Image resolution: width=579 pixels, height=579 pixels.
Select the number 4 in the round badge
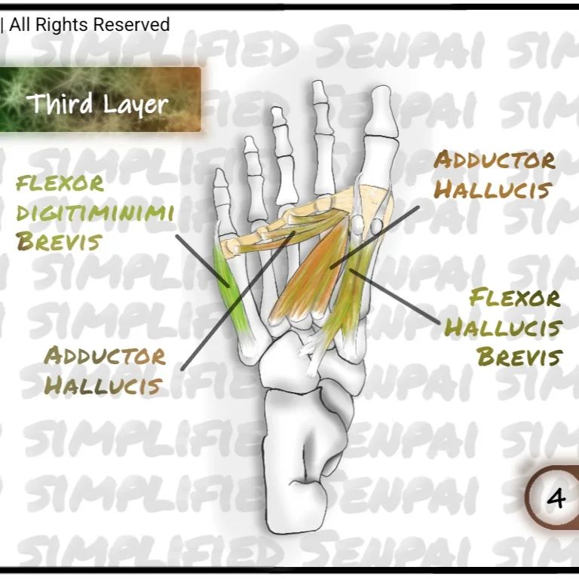tap(556, 498)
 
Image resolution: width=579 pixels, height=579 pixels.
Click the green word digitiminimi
tap(95, 213)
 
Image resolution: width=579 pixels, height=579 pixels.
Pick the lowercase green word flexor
tap(60, 183)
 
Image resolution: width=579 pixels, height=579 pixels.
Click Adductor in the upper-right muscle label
tap(494, 160)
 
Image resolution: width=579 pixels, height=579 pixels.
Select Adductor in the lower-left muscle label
tap(105, 356)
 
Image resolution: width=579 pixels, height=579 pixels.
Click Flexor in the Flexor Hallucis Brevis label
tap(515, 298)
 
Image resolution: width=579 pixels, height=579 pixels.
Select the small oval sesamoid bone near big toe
tap(375, 225)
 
